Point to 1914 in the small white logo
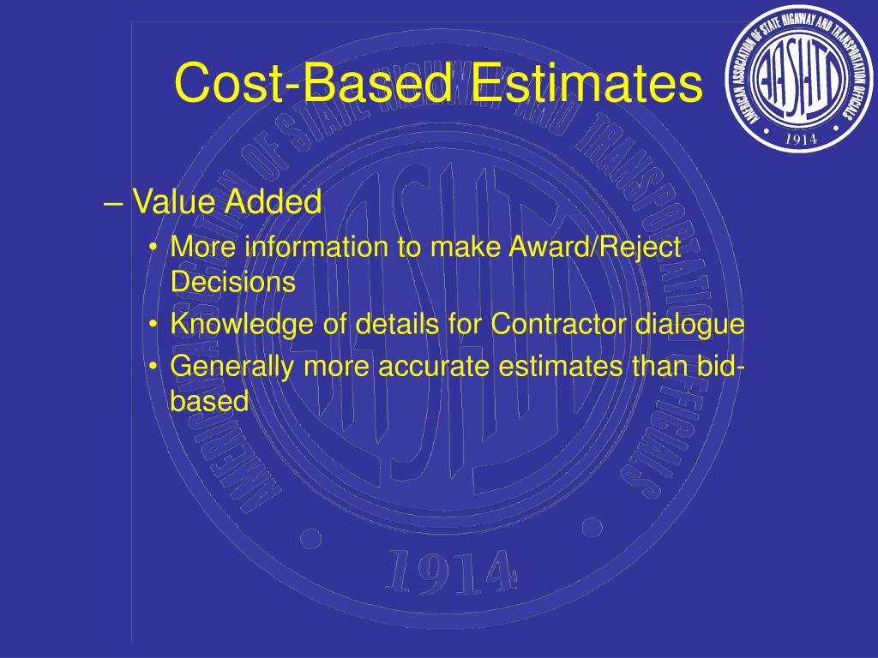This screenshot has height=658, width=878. coord(800,138)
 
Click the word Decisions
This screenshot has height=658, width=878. coord(232,282)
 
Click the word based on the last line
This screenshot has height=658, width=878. coord(209,400)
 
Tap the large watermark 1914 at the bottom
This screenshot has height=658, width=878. coord(452,570)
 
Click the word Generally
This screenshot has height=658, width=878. coord(226,367)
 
